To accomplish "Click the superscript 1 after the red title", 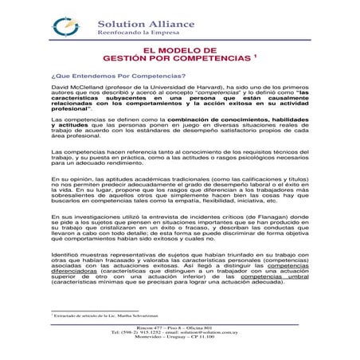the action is (255, 56).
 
